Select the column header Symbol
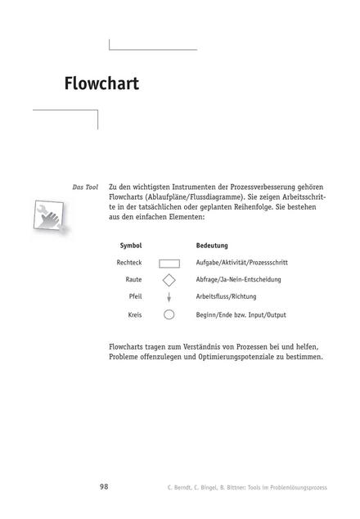click(131, 246)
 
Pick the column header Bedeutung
click(212, 246)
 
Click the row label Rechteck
click(129, 263)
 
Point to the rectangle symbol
click(169, 264)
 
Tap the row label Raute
click(134, 280)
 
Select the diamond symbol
click(169, 281)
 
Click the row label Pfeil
click(135, 297)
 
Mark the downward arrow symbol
click(169, 298)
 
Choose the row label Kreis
click(135, 314)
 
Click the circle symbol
click(169, 314)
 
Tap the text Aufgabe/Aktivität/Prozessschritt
click(241, 263)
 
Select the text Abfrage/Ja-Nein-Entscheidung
click(238, 280)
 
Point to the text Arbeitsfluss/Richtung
click(226, 297)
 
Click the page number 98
click(104, 486)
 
